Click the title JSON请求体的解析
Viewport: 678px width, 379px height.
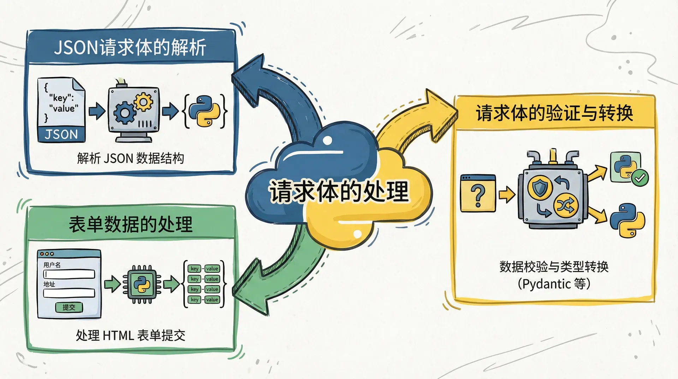(130, 47)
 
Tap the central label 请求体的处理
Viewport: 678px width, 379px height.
(339, 192)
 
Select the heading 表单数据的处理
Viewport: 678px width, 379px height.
(131, 224)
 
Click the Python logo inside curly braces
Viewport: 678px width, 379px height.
(205, 111)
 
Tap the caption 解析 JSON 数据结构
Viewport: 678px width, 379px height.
(131, 158)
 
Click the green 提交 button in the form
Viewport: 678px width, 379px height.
(69, 307)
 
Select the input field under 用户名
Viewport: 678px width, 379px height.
(69, 274)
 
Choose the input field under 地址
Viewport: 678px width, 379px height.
(69, 293)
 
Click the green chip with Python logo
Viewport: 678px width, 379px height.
(142, 284)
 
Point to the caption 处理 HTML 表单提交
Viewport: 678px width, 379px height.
(131, 335)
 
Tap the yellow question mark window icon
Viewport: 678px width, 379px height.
(478, 194)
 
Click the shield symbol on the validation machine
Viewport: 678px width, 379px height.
(540, 187)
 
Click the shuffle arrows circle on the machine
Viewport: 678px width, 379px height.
(566, 205)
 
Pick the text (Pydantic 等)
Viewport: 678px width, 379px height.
(554, 284)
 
